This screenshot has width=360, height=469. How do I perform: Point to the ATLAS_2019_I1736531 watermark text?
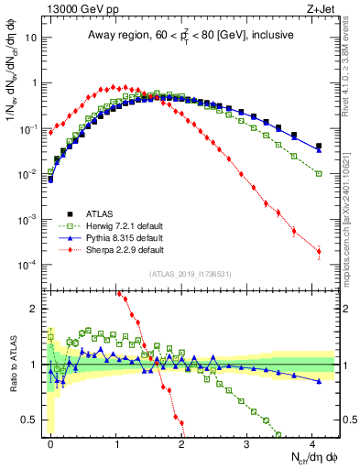[191, 274]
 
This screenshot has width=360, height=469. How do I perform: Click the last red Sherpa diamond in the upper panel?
[319, 251]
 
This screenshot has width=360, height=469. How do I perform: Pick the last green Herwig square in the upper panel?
[319, 174]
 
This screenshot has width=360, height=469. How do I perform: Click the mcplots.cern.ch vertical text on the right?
[351, 229]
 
